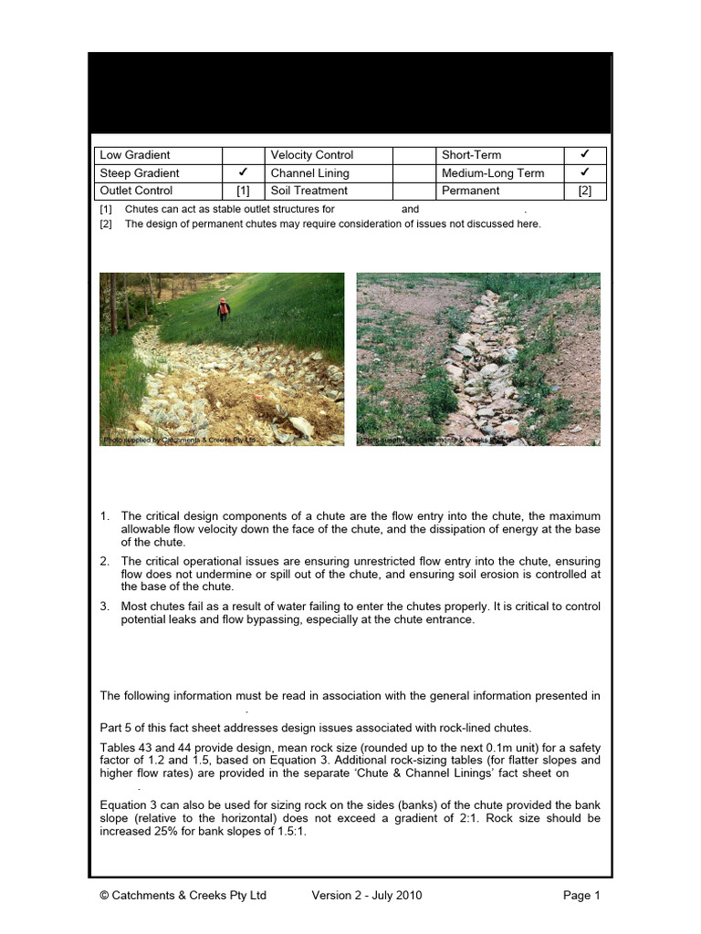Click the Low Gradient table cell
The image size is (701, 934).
[x=135, y=155]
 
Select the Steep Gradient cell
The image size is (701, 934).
[x=140, y=173]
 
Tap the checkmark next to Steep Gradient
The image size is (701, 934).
[x=243, y=172]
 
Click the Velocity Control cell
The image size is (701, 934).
[x=311, y=155]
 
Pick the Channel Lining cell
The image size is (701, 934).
[x=309, y=173]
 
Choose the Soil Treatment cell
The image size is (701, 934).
[x=309, y=191]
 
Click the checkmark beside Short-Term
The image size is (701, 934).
[x=585, y=154]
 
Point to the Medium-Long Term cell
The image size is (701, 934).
[x=493, y=173]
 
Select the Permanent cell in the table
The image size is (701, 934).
[x=470, y=191]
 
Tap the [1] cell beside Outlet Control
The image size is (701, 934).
[x=243, y=191]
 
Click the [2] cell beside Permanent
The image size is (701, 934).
[x=585, y=191]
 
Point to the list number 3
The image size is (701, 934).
[x=105, y=606]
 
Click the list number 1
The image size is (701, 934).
[x=105, y=516]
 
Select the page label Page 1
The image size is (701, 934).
[x=581, y=896]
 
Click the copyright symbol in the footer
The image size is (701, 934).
[x=104, y=896]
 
